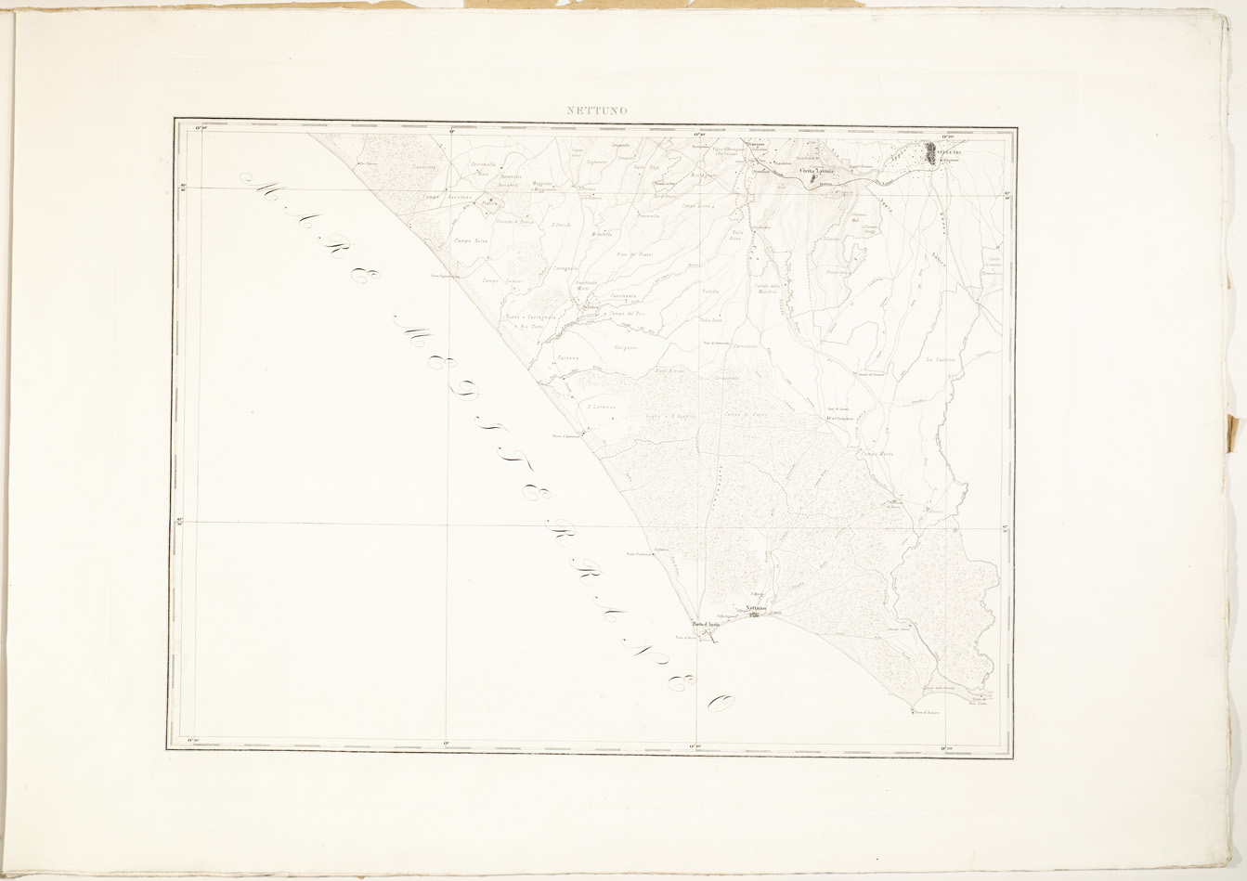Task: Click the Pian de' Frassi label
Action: (635, 253)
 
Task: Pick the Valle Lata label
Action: (710, 320)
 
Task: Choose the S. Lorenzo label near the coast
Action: (602, 406)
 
